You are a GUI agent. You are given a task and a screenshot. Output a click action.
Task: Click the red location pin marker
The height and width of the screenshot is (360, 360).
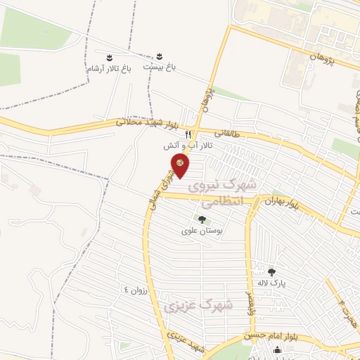point(181,165)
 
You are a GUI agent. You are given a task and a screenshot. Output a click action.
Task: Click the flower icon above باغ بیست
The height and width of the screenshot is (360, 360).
point(159,56)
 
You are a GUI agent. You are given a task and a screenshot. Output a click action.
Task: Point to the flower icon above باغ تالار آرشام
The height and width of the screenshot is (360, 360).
point(109,57)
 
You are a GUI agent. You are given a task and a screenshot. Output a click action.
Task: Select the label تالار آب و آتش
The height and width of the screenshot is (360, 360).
point(187,146)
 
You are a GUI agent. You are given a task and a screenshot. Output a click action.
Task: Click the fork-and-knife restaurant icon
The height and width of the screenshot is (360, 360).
point(188,134)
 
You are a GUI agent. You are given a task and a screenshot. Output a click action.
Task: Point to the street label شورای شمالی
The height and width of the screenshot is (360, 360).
point(169,181)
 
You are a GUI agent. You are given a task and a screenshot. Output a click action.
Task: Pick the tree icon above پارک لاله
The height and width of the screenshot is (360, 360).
point(271,271)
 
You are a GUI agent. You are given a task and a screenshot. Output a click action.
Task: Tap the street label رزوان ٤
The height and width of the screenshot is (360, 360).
point(136,290)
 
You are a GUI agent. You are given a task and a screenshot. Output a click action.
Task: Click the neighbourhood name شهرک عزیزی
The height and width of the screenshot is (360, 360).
point(191,307)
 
